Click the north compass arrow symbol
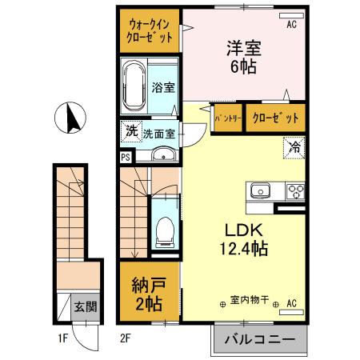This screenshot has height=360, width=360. pyautogui.click(x=69, y=119)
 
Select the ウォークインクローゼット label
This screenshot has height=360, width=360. pyautogui.click(x=149, y=30)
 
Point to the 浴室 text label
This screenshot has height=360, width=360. pyautogui.click(x=163, y=87)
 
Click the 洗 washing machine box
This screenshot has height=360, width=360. pyautogui.click(x=130, y=130)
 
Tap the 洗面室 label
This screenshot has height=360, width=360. pyautogui.click(x=159, y=134)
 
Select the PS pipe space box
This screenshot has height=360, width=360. pyautogui.click(x=126, y=157)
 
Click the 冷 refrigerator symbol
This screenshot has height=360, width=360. pyautogui.click(x=294, y=148)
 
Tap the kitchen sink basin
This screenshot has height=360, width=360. pyautogui.click(x=262, y=190)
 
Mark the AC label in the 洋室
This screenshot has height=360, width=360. pyautogui.click(x=292, y=24)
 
